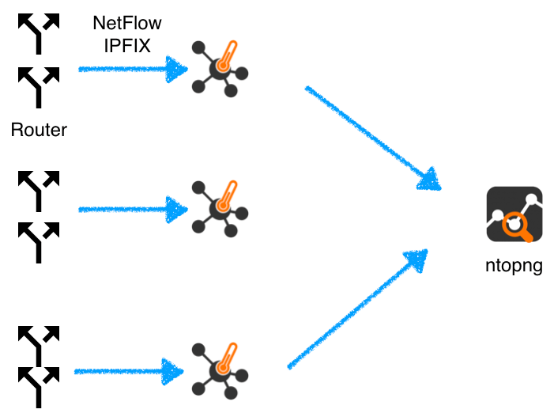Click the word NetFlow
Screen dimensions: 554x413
click(x=127, y=23)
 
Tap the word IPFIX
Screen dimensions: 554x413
click(x=127, y=46)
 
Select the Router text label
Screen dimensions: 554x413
click(x=39, y=130)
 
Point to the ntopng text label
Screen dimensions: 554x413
click(x=514, y=266)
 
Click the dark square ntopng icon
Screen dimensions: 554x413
click(x=514, y=214)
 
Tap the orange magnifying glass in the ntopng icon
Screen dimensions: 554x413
click(x=516, y=225)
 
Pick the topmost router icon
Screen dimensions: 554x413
click(x=39, y=34)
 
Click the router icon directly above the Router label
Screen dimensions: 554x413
click(x=39, y=88)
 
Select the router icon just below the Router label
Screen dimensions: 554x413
click(x=39, y=191)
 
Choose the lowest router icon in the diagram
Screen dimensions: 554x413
click(x=39, y=388)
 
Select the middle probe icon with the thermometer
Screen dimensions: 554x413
click(x=220, y=209)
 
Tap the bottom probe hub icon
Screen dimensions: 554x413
click(x=220, y=371)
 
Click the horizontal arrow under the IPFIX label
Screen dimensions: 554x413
click(x=133, y=70)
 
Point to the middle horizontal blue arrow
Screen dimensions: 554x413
click(x=133, y=210)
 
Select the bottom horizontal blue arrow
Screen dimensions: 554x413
click(x=129, y=372)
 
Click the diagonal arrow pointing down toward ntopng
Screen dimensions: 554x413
click(x=373, y=138)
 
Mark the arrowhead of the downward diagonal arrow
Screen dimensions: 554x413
click(x=431, y=180)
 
